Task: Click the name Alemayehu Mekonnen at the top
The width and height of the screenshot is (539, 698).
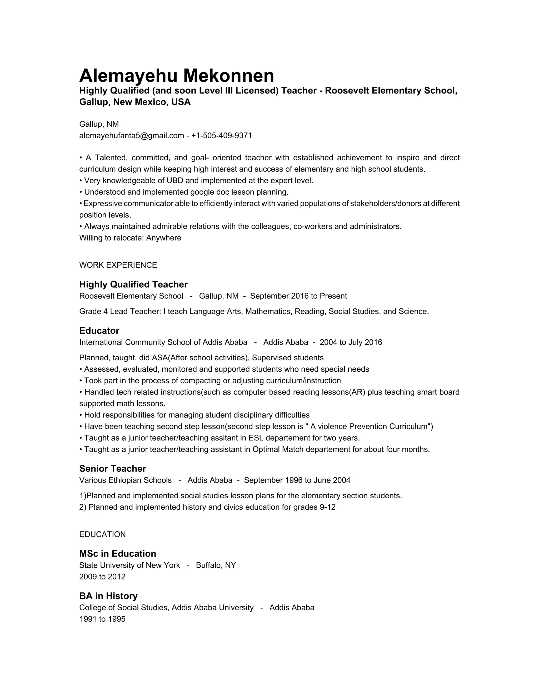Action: (x=176, y=76)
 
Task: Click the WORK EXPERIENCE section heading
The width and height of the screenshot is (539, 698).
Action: (x=118, y=265)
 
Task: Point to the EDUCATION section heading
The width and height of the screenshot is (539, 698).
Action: (x=102, y=534)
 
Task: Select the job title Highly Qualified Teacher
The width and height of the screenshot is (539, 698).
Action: (x=133, y=284)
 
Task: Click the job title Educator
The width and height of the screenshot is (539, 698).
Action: (x=99, y=331)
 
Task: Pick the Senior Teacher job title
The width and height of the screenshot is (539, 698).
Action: (x=112, y=469)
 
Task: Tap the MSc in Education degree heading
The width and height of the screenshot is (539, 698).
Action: (x=117, y=554)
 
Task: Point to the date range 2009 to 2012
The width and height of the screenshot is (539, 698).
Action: (x=102, y=577)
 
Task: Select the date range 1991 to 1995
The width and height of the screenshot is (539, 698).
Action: (x=102, y=619)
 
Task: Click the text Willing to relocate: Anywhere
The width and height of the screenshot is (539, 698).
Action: (x=130, y=238)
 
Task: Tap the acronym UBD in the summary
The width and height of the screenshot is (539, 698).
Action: (x=175, y=181)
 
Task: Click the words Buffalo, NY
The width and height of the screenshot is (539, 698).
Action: (x=216, y=565)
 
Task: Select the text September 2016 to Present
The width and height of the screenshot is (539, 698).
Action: (x=298, y=296)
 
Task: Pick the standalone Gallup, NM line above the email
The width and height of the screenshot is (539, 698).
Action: (x=99, y=124)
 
